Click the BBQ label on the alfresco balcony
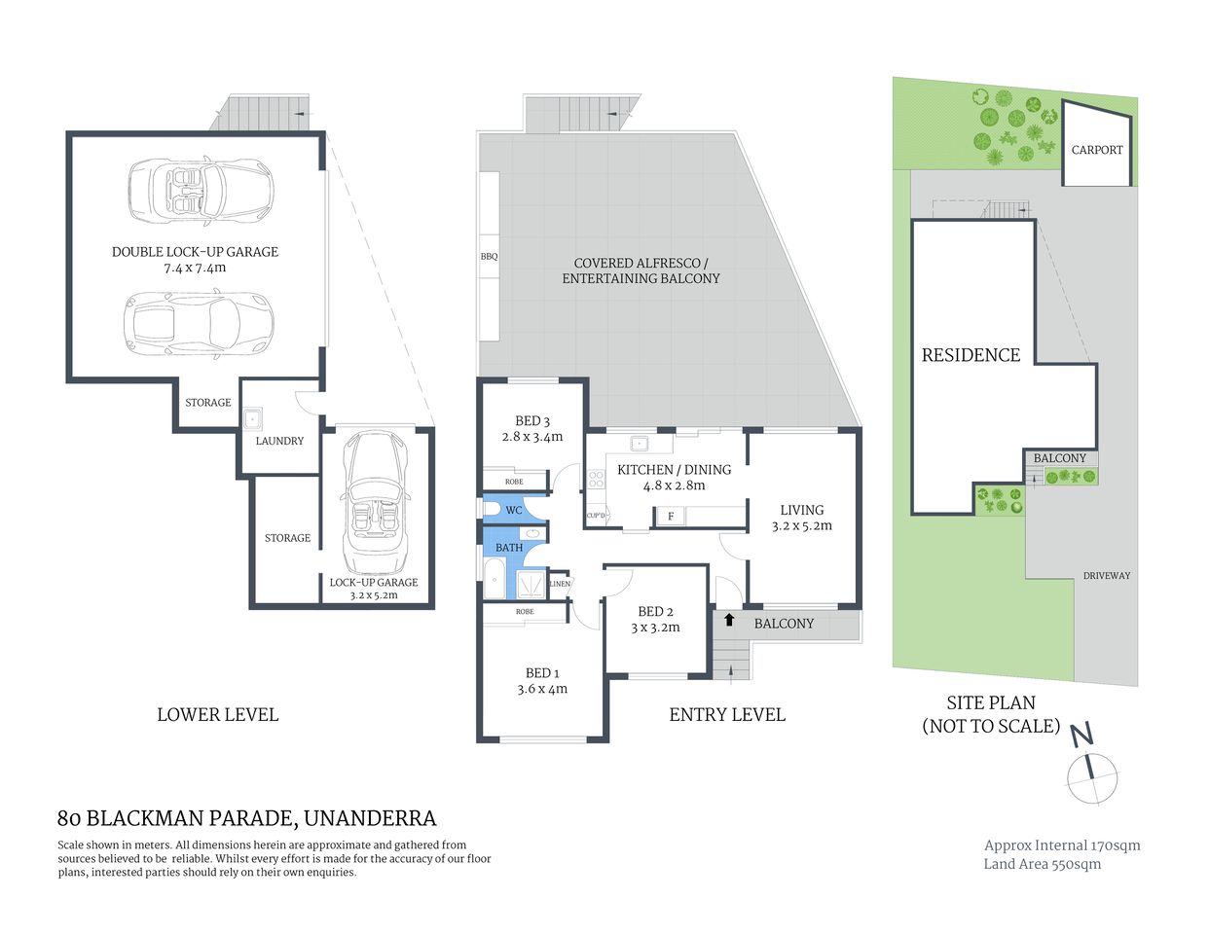tap(489, 257)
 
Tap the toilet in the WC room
tap(493, 509)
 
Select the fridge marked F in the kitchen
tap(671, 517)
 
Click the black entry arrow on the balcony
tap(729, 620)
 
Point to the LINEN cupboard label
tap(560, 584)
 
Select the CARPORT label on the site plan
tap(1096, 150)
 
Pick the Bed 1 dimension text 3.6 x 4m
tap(542, 689)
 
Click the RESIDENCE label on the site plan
tap(971, 355)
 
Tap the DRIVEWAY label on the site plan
tap(1107, 576)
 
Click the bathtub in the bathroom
tap(494, 580)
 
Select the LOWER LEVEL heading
tap(217, 714)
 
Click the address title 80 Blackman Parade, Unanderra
tap(247, 818)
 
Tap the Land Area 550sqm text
tap(1042, 864)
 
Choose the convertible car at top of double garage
tap(201, 191)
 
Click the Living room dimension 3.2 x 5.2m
tap(801, 525)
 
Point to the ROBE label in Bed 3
tap(514, 482)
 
